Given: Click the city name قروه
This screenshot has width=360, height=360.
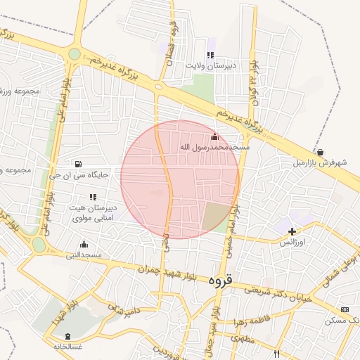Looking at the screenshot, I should (x=219, y=279).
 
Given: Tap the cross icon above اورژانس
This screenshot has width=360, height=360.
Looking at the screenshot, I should (x=292, y=231).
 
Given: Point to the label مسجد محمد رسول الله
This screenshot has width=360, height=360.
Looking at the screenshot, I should (x=214, y=148).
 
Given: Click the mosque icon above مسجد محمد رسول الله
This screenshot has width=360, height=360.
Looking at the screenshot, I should (x=214, y=136).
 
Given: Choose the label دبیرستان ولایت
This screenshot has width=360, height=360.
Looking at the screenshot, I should (x=210, y=65).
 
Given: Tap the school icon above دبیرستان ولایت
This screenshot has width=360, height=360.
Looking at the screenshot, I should (x=210, y=55).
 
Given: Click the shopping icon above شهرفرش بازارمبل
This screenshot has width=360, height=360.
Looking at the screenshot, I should (x=321, y=152).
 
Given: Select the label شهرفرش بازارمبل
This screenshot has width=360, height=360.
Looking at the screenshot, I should (x=321, y=163).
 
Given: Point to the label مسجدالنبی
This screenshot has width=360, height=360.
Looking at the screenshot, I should (x=84, y=255).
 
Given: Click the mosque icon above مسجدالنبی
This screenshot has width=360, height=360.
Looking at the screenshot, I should (x=84, y=244).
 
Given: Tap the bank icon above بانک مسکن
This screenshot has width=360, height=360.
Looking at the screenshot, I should (x=345, y=309).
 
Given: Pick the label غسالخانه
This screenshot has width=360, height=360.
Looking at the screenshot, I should (x=67, y=346).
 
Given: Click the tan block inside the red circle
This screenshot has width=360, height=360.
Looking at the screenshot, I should (x=215, y=216).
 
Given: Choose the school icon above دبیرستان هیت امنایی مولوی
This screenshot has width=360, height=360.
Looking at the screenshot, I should (x=93, y=197).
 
